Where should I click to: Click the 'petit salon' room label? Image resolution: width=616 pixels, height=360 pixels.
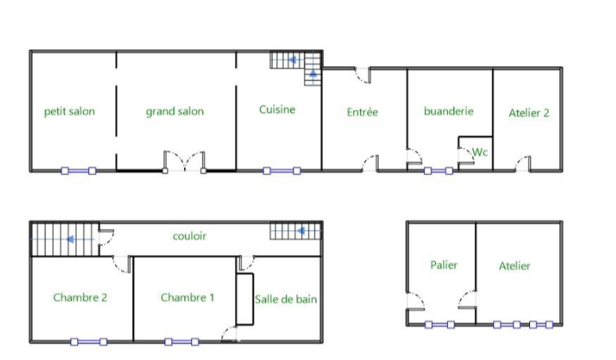[69, 112]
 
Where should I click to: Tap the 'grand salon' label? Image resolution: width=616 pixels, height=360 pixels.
[175, 112]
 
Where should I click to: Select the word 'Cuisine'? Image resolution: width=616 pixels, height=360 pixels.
[277, 110]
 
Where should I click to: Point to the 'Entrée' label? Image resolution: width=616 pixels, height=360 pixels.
[363, 112]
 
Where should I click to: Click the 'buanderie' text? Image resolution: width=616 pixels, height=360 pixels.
[449, 111]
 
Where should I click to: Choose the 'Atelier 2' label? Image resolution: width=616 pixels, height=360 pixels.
[529, 113]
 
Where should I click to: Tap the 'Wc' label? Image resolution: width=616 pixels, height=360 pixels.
[480, 152]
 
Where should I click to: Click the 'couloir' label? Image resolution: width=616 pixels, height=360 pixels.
[190, 236]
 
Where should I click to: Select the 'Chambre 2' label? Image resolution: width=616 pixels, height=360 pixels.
[80, 298]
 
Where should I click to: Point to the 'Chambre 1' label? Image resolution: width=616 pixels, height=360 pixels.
[187, 298]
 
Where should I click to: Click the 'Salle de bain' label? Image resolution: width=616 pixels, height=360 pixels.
[285, 299]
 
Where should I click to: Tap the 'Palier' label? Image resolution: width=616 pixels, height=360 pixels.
[444, 265]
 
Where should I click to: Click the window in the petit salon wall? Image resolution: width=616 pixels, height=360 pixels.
[79, 170]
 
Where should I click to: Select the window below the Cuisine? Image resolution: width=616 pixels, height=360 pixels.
[281, 170]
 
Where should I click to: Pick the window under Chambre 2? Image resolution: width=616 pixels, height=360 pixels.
[88, 342]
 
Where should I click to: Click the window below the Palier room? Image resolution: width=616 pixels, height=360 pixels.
[440, 325]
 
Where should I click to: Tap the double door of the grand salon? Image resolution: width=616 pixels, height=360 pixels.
[184, 161]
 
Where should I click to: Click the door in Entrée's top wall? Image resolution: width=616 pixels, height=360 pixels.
[363, 76]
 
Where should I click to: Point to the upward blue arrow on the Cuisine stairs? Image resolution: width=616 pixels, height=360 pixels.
[313, 74]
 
